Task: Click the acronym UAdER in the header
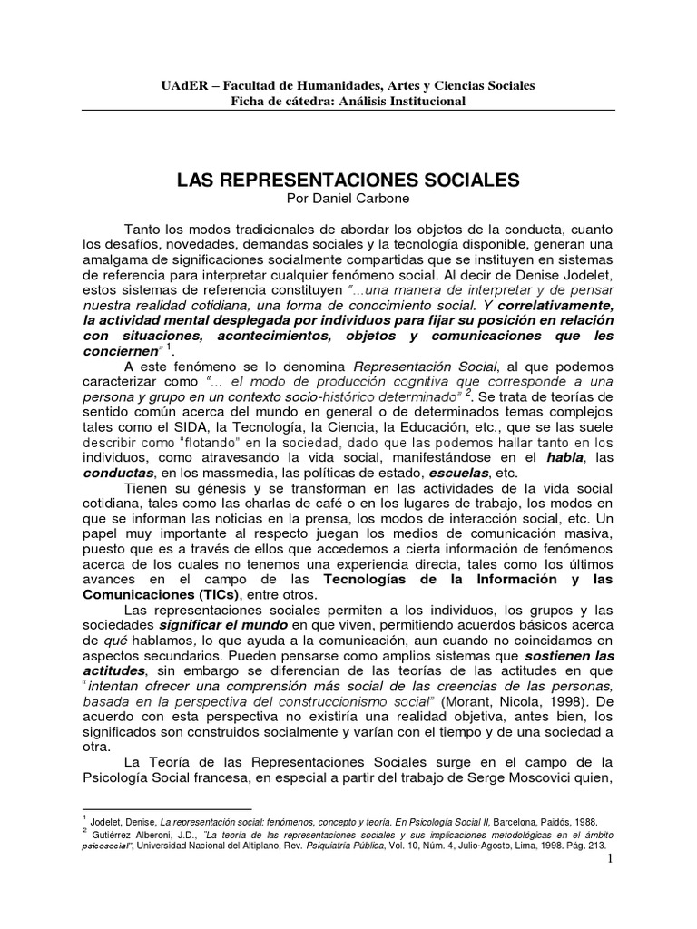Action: (x=182, y=85)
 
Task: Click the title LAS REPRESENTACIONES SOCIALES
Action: (x=348, y=181)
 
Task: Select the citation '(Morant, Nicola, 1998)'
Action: (x=514, y=704)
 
